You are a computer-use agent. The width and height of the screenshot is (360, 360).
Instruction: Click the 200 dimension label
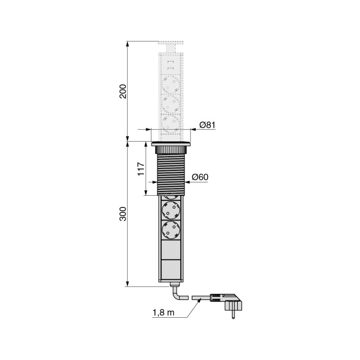click(123, 91)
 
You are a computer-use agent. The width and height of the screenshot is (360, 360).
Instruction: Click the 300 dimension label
click(123, 214)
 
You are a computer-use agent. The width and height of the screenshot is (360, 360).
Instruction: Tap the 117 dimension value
click(141, 169)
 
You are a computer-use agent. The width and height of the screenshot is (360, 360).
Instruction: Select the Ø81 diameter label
click(207, 125)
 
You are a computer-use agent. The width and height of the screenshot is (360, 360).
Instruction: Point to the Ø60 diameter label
click(200, 177)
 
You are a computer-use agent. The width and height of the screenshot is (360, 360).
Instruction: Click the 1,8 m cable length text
click(163, 312)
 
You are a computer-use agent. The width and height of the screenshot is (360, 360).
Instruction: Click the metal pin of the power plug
click(233, 314)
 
